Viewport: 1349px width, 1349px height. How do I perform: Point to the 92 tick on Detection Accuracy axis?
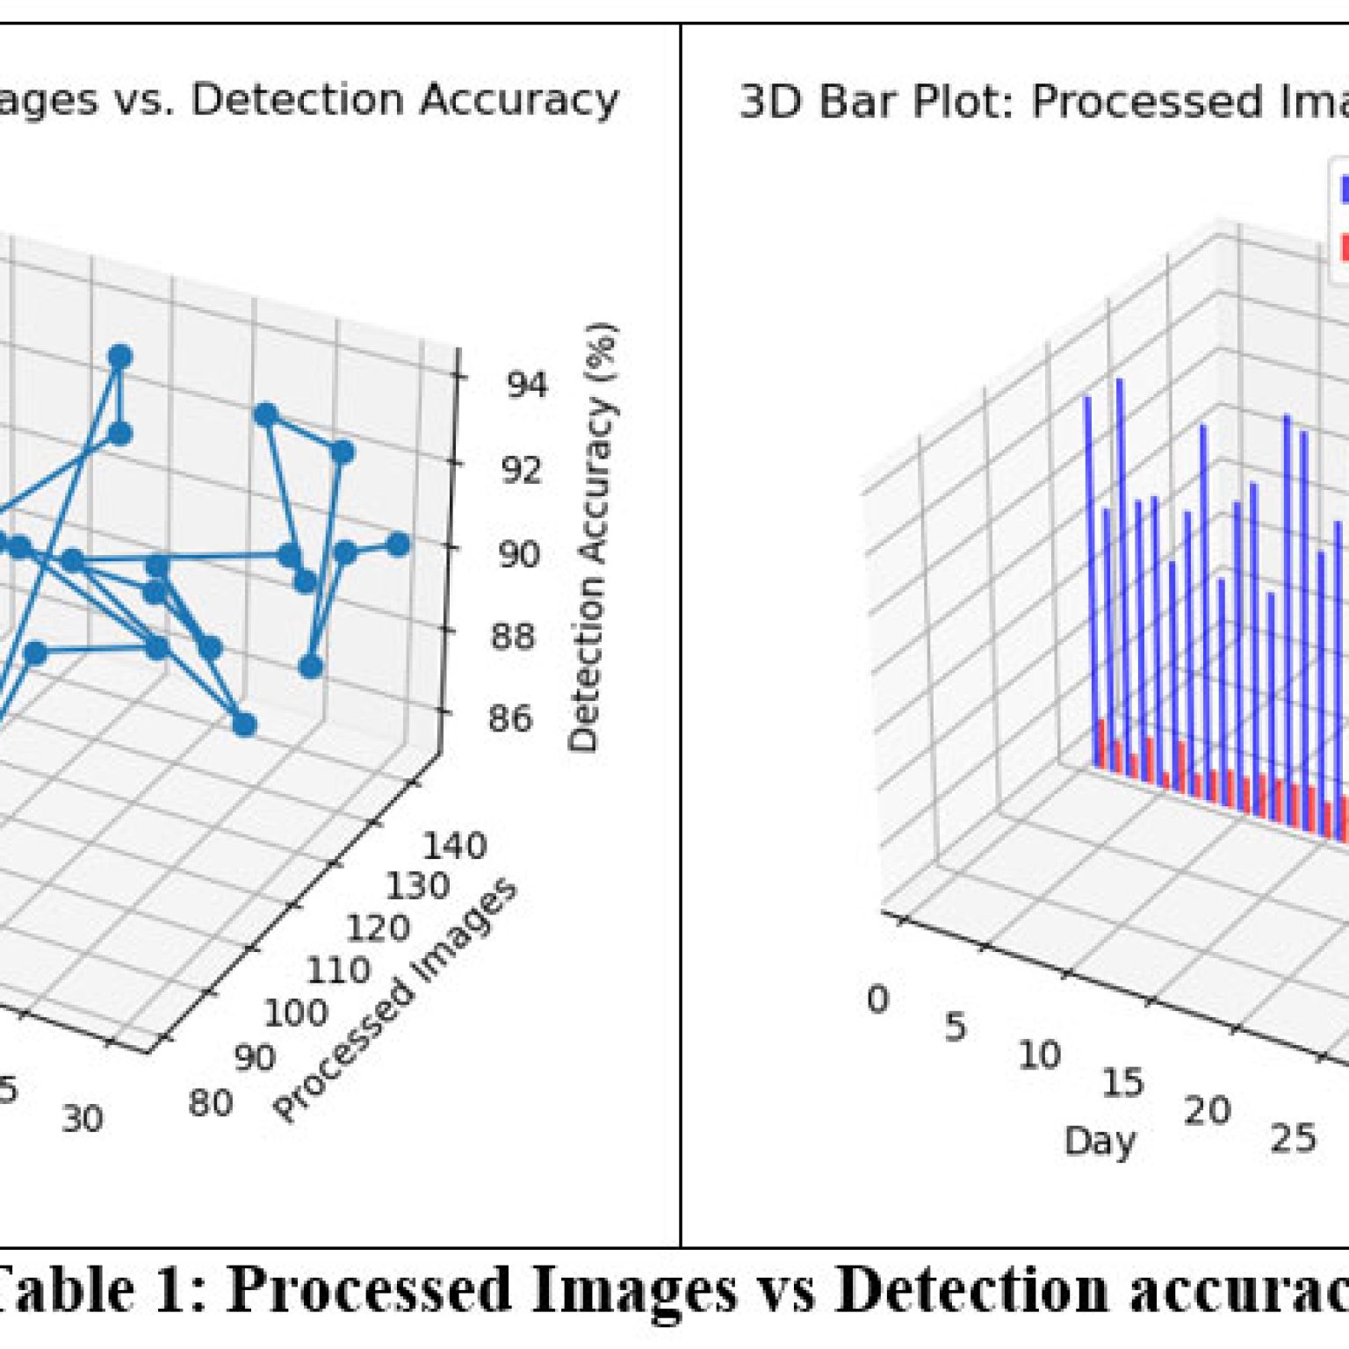(522, 470)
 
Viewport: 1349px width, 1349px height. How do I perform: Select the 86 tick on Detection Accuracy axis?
(510, 718)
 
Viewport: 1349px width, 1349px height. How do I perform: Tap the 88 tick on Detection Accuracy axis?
(513, 636)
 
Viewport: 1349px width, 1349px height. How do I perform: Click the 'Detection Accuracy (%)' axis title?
(594, 537)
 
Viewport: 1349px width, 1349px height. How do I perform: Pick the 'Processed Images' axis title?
(396, 1001)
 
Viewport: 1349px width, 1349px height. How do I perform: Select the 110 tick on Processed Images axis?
(337, 970)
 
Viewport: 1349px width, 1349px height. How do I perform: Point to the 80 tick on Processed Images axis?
(211, 1103)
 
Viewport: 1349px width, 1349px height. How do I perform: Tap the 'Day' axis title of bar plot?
(1100, 1141)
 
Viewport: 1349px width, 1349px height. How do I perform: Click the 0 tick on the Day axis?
(877, 999)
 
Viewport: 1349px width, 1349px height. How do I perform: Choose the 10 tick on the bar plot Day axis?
(1039, 1055)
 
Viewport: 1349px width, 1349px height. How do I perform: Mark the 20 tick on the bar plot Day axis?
(1208, 1111)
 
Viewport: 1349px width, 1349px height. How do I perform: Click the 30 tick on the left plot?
(83, 1118)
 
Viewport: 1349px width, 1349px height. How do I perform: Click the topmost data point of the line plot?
(120, 357)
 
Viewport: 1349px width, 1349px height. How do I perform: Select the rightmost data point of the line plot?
(398, 545)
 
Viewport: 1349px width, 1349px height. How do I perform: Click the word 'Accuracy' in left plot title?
(519, 99)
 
